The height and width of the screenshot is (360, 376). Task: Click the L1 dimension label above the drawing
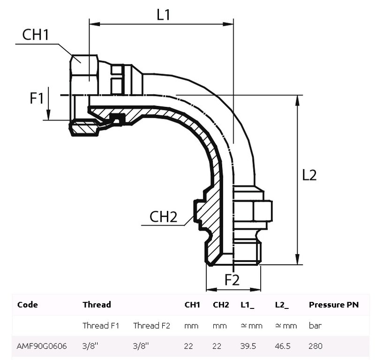(x=163, y=15)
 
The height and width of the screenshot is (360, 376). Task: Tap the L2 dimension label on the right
(x=309, y=175)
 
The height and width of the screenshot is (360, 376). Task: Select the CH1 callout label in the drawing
(x=36, y=35)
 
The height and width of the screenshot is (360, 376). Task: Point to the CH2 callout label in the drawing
(x=163, y=217)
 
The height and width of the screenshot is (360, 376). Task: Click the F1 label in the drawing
(x=37, y=98)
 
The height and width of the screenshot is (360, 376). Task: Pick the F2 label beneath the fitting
(x=232, y=280)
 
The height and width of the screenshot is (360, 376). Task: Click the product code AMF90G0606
(x=42, y=346)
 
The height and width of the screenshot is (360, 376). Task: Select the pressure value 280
(x=315, y=346)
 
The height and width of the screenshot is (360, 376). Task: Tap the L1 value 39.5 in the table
(x=248, y=346)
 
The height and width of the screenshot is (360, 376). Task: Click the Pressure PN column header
(x=333, y=305)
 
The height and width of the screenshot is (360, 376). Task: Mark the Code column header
(x=27, y=305)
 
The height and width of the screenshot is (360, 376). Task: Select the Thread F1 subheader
(x=100, y=326)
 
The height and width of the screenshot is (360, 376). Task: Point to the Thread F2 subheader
(x=151, y=326)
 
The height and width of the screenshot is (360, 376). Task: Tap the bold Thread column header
(x=97, y=305)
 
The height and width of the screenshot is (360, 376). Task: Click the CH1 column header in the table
(x=192, y=305)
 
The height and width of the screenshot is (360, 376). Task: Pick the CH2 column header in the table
(x=221, y=305)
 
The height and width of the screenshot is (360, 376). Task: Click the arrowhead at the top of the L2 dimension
(x=297, y=98)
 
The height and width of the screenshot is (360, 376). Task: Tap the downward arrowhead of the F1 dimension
(x=49, y=116)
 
